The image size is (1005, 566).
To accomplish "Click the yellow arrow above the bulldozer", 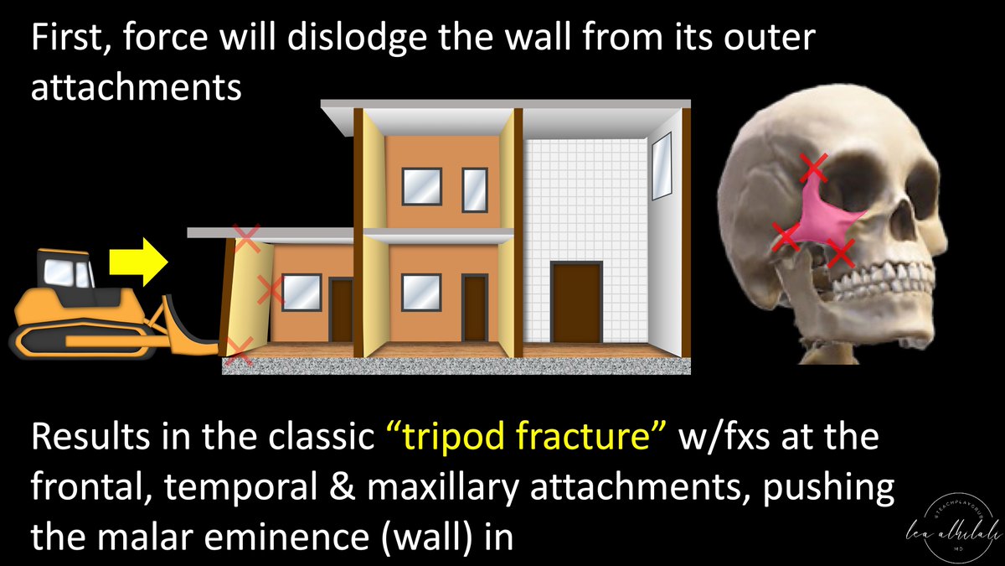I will [139, 260].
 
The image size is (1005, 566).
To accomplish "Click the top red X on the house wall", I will [246, 238].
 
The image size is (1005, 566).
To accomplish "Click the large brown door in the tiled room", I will [575, 302].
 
